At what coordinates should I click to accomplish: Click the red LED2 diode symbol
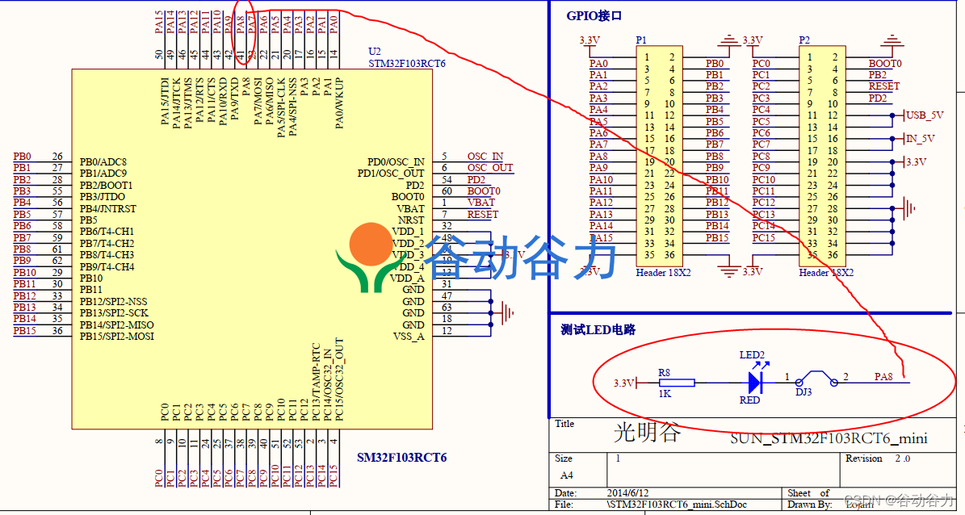coord(756,382)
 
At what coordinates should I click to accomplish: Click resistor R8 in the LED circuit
coord(665,383)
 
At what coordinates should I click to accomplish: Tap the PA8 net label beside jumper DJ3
coord(883,377)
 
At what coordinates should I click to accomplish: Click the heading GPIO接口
coord(594,16)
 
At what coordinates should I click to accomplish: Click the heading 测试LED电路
coord(598,330)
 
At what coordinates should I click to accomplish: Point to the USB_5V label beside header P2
coord(925,115)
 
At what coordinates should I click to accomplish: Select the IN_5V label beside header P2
coord(920,139)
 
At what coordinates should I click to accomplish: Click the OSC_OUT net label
coord(489,168)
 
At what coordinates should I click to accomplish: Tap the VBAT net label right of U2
coord(480,203)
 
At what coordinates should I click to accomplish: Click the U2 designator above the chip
coord(374,51)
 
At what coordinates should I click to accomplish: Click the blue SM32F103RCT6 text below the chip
coord(401,458)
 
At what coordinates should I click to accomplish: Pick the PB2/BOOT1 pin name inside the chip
coord(107,185)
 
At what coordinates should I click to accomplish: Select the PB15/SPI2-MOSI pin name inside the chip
coord(117,336)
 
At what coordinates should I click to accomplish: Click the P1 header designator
coord(641,40)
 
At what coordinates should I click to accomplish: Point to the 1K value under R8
coord(665,394)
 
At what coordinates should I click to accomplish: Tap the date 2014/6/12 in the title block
coord(628,492)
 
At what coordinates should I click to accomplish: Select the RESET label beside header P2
coord(883,86)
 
